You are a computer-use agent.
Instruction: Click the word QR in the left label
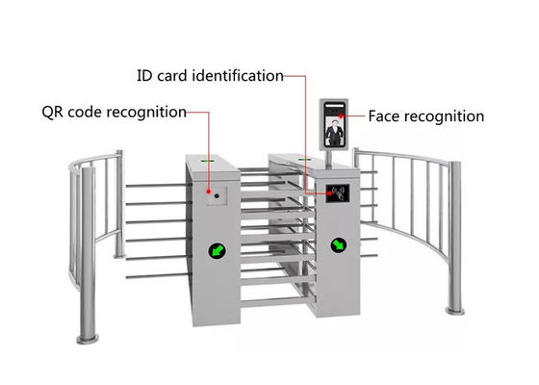[53, 113]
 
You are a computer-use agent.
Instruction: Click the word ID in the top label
[144, 76]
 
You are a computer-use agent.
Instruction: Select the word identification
[238, 76]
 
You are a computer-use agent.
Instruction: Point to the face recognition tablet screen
[334, 124]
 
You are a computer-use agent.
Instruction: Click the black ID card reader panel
[338, 193]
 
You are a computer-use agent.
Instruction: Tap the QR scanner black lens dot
[217, 196]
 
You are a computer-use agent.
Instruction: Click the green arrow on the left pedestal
[217, 250]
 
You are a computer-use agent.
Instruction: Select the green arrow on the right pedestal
[339, 244]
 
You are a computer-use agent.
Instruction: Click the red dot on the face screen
[341, 116]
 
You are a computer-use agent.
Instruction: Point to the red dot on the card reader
[329, 193]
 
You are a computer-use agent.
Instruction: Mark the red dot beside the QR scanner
[208, 192]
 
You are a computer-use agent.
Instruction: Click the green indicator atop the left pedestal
[207, 160]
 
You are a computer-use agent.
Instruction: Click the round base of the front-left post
[88, 339]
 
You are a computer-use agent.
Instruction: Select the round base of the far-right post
[455, 311]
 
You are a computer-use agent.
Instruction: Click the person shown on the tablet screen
[335, 133]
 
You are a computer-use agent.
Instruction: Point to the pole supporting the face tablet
[329, 159]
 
